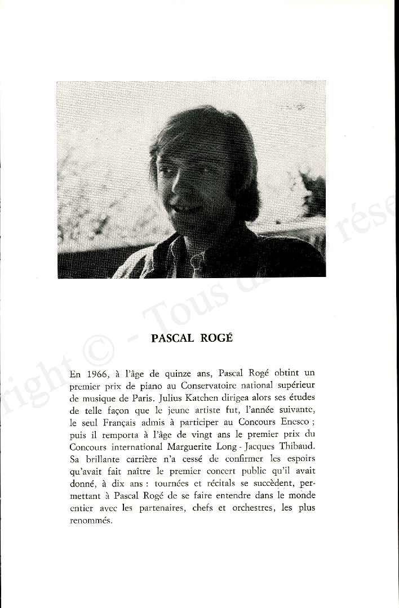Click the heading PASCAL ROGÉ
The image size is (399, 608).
point(192,338)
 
